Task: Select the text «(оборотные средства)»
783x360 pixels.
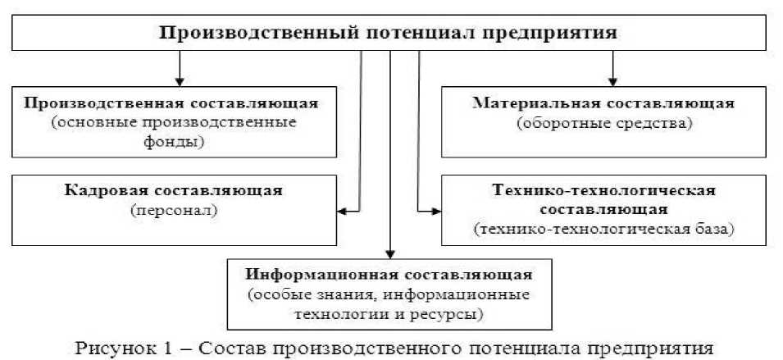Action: tap(605, 123)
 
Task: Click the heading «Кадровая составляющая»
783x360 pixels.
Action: tap(173, 190)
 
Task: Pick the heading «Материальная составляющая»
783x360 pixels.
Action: tap(604, 103)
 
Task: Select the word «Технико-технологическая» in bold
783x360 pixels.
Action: tap(605, 190)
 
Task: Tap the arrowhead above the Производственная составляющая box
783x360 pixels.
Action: tap(178, 80)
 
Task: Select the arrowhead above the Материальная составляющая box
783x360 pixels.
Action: tap(611, 80)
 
